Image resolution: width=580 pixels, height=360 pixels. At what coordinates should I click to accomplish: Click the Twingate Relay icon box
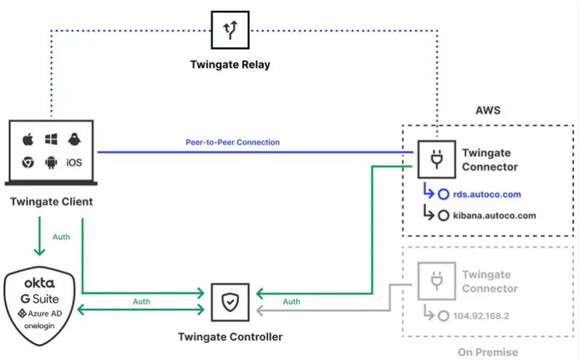(x=229, y=30)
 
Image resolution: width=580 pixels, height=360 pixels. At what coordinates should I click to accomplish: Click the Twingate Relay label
(x=229, y=65)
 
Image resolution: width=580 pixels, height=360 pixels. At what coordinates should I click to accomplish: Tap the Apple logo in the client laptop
(x=28, y=139)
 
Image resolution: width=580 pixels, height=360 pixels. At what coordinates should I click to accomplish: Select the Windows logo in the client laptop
(x=51, y=139)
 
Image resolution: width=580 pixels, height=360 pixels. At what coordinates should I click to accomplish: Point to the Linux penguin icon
(x=75, y=139)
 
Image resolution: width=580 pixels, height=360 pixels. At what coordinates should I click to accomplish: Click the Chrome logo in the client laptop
(x=28, y=163)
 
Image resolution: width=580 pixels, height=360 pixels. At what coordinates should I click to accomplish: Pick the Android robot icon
(x=51, y=163)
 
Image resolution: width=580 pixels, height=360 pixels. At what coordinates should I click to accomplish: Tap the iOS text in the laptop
(x=74, y=163)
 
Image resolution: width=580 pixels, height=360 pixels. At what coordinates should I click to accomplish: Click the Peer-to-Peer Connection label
(x=233, y=142)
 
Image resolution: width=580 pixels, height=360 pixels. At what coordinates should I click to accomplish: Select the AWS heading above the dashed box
(x=488, y=111)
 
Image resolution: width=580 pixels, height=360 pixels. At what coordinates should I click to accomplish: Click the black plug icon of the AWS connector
(x=436, y=160)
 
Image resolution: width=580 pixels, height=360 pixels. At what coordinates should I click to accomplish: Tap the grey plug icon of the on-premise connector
(x=436, y=281)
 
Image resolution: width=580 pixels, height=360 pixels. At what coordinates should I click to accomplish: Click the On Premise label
(x=488, y=352)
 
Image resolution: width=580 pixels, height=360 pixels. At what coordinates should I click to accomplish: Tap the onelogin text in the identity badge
(x=39, y=327)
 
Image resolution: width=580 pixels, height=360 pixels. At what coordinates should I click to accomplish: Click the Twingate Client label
(x=52, y=201)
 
